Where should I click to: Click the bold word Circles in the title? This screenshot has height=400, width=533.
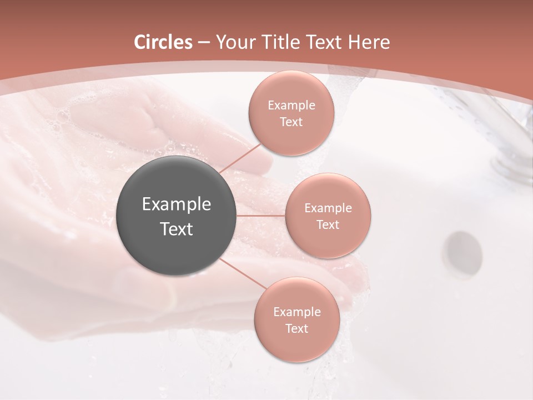(163, 42)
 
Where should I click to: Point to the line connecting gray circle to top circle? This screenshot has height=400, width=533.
(240, 158)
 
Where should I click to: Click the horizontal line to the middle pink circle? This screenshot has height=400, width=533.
(260, 216)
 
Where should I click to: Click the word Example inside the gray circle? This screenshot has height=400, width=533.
(177, 204)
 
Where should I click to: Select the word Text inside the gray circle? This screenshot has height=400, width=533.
(177, 229)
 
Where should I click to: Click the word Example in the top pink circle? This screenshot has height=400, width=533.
(291, 106)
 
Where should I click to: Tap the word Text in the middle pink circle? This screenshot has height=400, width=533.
(328, 225)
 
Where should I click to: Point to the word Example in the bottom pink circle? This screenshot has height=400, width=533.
(296, 312)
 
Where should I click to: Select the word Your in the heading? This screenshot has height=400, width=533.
(234, 42)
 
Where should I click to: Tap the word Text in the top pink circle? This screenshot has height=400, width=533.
(291, 122)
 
